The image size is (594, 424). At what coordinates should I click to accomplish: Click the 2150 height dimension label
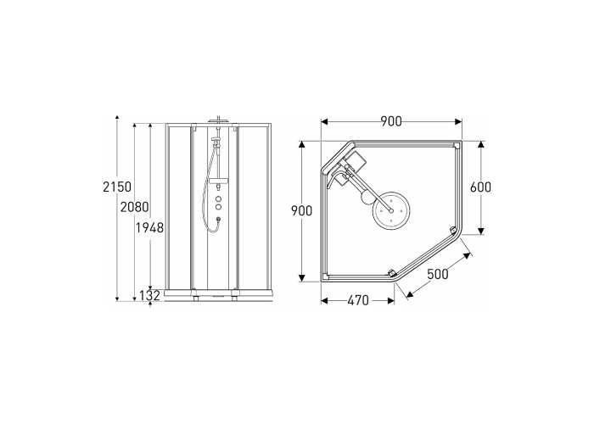[x=117, y=187]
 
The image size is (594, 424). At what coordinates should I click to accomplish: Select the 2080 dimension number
[x=134, y=207]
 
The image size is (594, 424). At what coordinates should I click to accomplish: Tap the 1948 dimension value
[x=149, y=228]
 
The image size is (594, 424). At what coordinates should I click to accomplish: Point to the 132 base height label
[x=150, y=296]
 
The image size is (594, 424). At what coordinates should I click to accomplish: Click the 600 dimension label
[x=480, y=187]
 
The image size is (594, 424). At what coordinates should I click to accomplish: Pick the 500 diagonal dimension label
[x=438, y=274]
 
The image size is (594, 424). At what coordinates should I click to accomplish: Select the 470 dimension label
[x=358, y=300]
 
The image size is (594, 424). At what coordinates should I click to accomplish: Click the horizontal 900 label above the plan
[x=391, y=121]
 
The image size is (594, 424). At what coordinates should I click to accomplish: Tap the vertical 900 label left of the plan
[x=301, y=211]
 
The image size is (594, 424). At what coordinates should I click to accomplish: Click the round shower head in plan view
[x=391, y=210]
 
